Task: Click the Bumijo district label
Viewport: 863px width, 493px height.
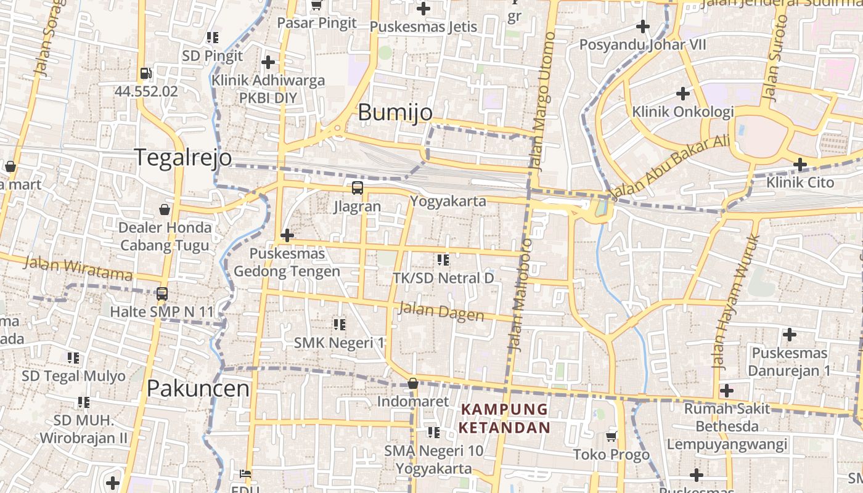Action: (x=395, y=113)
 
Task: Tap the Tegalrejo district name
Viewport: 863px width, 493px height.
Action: (x=183, y=158)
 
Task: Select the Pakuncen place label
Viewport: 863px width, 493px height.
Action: (x=198, y=389)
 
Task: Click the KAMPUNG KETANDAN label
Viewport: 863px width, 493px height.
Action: (x=504, y=418)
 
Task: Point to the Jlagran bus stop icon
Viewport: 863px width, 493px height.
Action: (x=357, y=188)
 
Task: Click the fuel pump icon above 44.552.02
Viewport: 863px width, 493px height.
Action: (x=145, y=73)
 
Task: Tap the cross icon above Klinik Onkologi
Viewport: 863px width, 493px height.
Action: (x=682, y=94)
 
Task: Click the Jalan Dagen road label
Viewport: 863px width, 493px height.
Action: (x=441, y=311)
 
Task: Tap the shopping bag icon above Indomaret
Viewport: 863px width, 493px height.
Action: (x=413, y=383)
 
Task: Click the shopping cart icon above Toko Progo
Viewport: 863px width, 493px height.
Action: (x=611, y=436)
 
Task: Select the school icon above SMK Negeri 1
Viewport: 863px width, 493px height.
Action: (x=339, y=324)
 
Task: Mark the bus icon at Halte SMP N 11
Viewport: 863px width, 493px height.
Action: (x=162, y=293)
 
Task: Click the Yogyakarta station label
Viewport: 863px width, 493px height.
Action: (x=448, y=202)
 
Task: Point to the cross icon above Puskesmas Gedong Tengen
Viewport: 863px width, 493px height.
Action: (x=287, y=235)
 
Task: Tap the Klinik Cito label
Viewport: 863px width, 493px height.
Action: (x=800, y=183)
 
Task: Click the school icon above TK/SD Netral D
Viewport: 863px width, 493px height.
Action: (x=443, y=260)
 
